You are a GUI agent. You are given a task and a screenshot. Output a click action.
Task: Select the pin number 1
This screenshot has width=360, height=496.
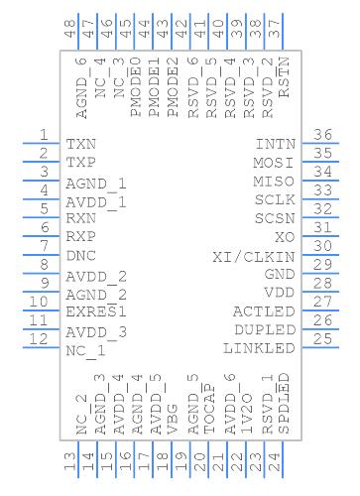(44, 135)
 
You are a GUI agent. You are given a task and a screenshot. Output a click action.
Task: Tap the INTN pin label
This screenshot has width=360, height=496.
(276, 144)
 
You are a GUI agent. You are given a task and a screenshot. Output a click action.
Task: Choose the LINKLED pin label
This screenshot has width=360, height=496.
(259, 348)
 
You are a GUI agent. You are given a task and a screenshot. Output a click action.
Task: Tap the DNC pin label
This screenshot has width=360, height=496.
(81, 255)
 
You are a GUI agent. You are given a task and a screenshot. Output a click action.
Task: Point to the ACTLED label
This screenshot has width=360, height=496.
(264, 311)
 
